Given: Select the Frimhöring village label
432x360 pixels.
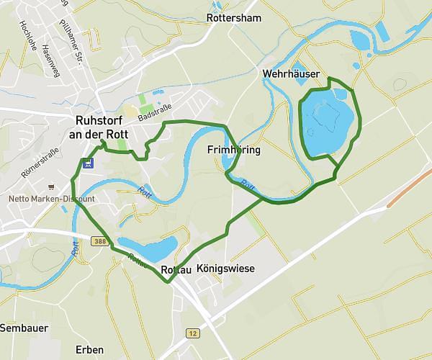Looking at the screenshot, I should click(x=233, y=150).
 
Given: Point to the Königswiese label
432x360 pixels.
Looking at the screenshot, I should click(x=225, y=269).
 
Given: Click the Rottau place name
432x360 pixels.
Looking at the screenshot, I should click(x=177, y=269).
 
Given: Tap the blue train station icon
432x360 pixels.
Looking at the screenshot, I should click(x=87, y=163).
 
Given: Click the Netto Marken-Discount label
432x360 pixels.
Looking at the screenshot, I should click(x=51, y=199).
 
